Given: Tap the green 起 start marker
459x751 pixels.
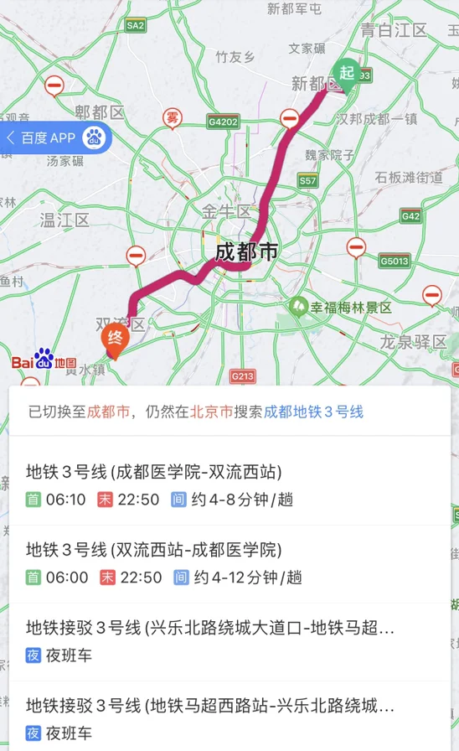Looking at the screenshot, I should point(346,73).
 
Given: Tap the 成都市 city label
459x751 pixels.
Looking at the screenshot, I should point(246,252).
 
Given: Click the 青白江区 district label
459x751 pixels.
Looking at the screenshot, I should point(394,30).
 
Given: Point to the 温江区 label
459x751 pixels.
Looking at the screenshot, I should point(64,220).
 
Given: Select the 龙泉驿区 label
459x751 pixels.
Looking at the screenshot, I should point(414,341).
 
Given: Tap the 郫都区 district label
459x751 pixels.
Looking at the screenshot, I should point(99,112).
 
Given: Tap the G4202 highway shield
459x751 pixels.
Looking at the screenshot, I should point(224,122).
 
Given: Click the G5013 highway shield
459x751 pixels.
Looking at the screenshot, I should point(395,261).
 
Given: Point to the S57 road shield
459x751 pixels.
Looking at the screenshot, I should point(308,180).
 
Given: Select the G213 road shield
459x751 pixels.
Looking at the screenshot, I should point(242,376).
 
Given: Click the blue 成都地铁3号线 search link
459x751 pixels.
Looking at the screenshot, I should point(314,412).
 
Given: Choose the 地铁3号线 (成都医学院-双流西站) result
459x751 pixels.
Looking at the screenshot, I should point(154,472).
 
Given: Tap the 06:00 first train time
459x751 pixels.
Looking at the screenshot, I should point(67,577).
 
